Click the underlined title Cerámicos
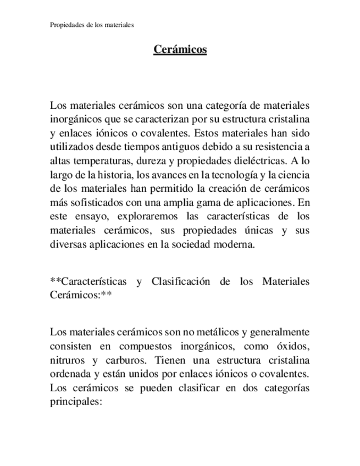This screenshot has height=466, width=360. [180, 49]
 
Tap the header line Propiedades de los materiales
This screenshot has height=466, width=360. [92, 25]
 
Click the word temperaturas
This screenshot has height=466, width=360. [97, 162]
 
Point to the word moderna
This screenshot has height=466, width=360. [233, 245]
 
